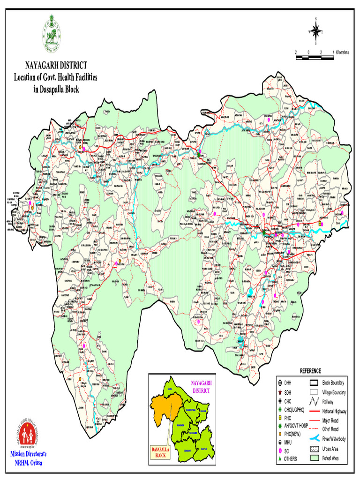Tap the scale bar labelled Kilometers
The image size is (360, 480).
pyautogui.click(x=314, y=57)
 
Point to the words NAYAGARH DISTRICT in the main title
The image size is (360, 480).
pyautogui.click(x=56, y=66)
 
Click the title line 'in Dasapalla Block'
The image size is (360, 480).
pyautogui.click(x=56, y=90)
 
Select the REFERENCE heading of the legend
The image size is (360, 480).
pyautogui.click(x=310, y=371)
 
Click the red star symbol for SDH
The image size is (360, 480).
pyautogui.click(x=279, y=392)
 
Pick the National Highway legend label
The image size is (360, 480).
pyautogui.click(x=335, y=411)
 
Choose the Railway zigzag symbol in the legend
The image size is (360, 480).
pyautogui.click(x=314, y=402)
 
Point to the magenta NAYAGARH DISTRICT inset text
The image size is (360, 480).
pyautogui.click(x=201, y=386)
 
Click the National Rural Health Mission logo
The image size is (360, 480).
pyautogui.click(x=28, y=434)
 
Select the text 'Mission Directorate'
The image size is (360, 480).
pyautogui.click(x=29, y=455)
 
